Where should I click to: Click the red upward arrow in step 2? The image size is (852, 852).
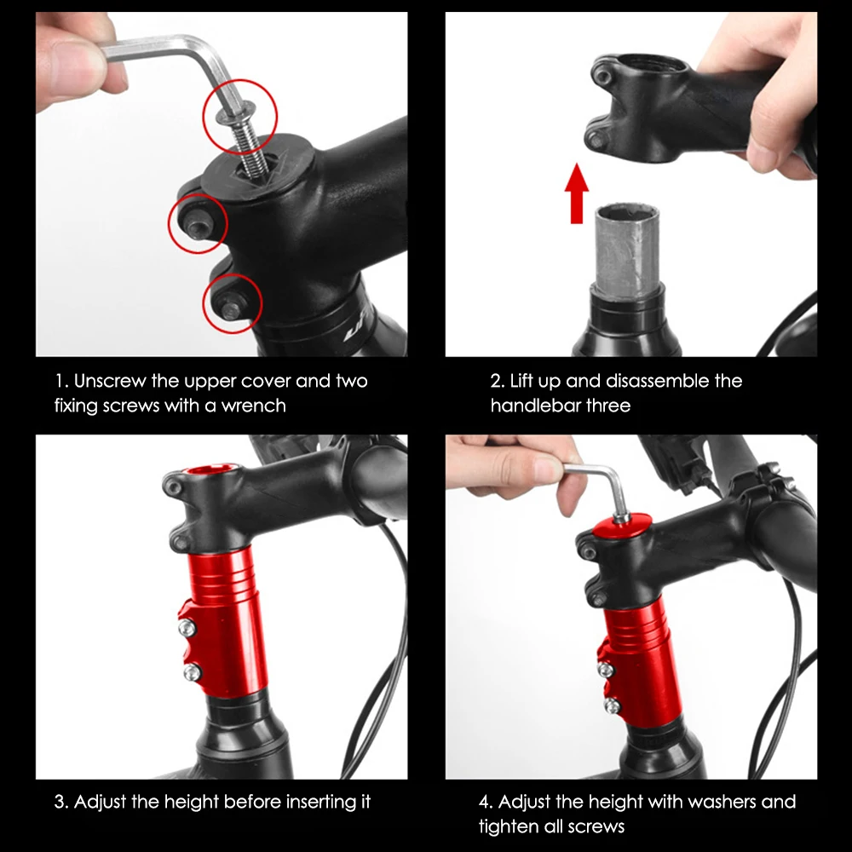point(577,193)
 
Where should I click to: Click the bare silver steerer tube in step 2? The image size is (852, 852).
point(628,251)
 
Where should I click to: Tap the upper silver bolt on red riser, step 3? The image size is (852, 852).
point(187,629)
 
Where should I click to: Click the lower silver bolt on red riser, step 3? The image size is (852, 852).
point(191,673)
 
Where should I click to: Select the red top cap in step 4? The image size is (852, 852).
point(622,526)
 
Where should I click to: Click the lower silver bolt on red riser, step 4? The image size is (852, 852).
point(612,705)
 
